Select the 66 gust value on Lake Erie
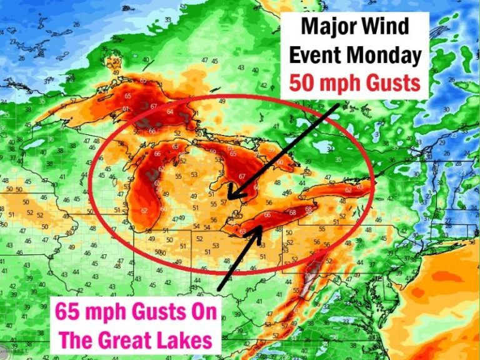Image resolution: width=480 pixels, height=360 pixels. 267,216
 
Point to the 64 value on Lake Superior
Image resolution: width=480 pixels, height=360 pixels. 170,112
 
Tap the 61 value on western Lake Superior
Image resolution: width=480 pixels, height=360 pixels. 125,109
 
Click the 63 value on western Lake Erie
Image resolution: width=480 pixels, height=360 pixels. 243,232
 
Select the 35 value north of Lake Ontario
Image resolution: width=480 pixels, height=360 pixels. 338,159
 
